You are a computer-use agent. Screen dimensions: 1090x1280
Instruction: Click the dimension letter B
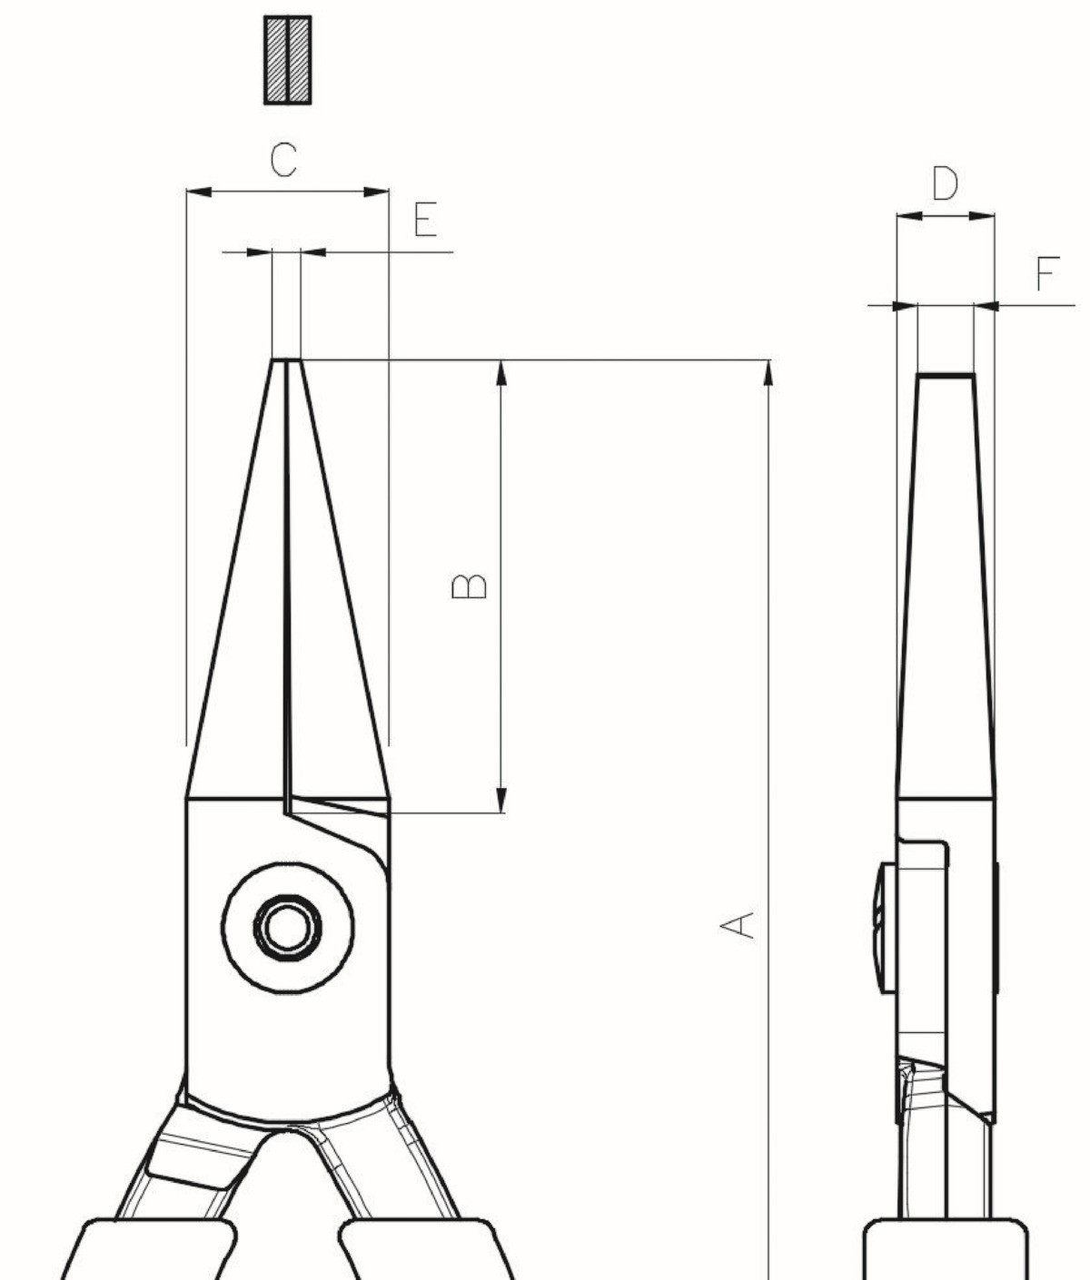[x=469, y=586]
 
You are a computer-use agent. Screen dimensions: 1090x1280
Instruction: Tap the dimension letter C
[x=283, y=160]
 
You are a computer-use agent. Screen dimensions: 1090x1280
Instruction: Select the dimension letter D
[x=945, y=183]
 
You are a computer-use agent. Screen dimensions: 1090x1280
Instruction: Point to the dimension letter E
[x=425, y=219]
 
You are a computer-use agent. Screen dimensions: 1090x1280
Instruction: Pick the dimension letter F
[x=1047, y=274]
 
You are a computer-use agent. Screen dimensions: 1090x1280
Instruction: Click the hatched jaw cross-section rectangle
[x=288, y=60]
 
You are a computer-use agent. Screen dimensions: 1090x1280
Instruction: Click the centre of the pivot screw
[x=288, y=927]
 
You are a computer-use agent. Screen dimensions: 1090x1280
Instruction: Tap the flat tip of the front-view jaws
[x=286, y=359]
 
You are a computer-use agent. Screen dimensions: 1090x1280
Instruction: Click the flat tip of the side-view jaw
[x=946, y=375]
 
